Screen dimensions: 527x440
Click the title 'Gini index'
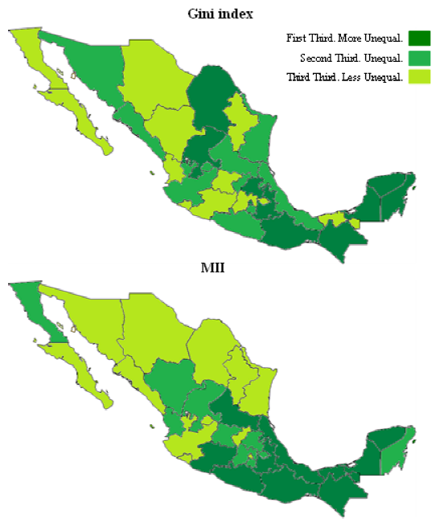(x=220, y=14)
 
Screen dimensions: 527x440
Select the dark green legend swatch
(x=419, y=38)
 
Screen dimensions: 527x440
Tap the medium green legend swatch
(x=419, y=58)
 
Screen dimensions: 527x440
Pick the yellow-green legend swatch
(x=419, y=77)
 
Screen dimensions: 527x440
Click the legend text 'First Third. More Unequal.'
(x=344, y=39)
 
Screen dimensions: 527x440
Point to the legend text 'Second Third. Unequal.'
(x=351, y=58)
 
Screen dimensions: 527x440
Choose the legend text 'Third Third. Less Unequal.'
(x=344, y=77)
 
